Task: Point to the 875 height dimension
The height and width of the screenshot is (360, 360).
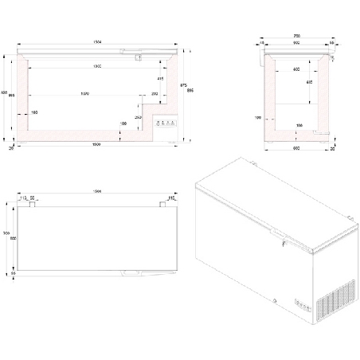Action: pyautogui.click(x=184, y=86)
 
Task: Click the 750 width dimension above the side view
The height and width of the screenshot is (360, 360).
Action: pyautogui.click(x=297, y=37)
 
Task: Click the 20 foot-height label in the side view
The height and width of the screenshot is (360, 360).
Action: pyautogui.click(x=331, y=149)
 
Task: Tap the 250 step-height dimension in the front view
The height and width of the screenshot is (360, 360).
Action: pyautogui.click(x=139, y=117)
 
